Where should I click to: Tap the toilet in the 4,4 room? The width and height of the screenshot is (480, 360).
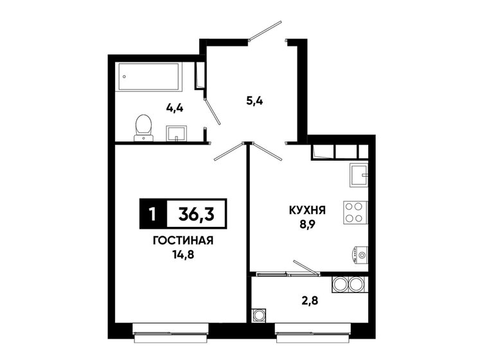[x=143, y=126]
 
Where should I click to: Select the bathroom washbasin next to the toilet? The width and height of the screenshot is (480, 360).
[x=177, y=132]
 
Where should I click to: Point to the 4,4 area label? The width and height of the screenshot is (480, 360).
[x=175, y=107]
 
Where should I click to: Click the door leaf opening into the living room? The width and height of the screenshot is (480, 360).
[x=229, y=150]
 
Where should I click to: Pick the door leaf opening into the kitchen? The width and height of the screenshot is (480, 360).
[x=267, y=150]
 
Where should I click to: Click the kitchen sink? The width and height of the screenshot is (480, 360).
[x=358, y=174]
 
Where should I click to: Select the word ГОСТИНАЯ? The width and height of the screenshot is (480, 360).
[x=183, y=241]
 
